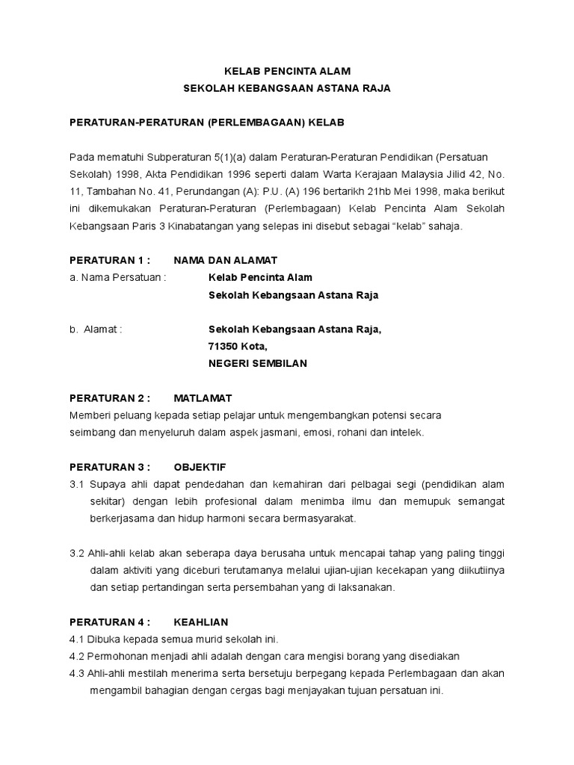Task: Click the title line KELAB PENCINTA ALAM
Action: pyautogui.click(x=287, y=71)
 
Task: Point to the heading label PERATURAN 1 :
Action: pyautogui.click(x=110, y=260)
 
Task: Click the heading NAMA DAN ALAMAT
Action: pyautogui.click(x=225, y=260)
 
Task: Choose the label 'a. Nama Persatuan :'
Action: pyautogui.click(x=117, y=277)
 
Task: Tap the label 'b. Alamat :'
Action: pyautogui.click(x=96, y=329)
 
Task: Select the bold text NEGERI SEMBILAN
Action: pyautogui.click(x=257, y=364)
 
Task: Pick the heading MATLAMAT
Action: pyautogui.click(x=203, y=398)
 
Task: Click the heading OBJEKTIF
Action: pyautogui.click(x=200, y=467)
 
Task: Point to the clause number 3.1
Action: pyautogui.click(x=77, y=484)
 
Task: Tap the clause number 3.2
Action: pyautogui.click(x=77, y=553)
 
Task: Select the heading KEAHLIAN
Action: pyautogui.click(x=201, y=622)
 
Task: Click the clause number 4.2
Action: pyautogui.click(x=77, y=656)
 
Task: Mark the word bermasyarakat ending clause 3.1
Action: pyautogui.click(x=320, y=518)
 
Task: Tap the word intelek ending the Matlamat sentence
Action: pyautogui.click(x=406, y=433)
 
